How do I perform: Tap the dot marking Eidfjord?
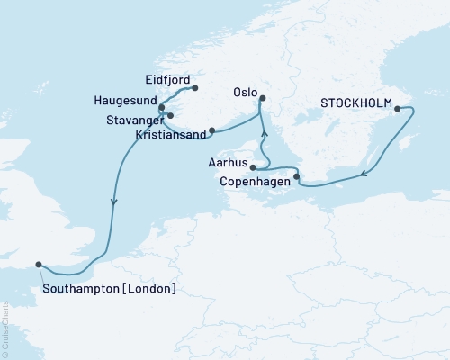click(194, 88)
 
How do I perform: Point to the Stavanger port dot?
click(170, 115)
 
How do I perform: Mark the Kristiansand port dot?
click(212, 130)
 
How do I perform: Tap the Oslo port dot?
click(262, 112)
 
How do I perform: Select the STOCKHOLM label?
click(355, 104)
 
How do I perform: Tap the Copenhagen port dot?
click(297, 176)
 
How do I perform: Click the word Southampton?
click(82, 289)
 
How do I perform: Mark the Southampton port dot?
click(39, 264)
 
